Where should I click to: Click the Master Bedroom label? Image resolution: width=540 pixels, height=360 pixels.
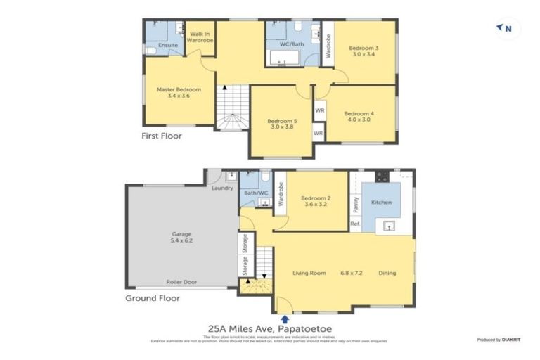click(x=179, y=90)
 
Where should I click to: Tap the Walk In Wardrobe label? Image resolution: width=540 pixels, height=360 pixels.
click(x=200, y=36)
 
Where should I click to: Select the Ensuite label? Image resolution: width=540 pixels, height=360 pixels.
click(x=168, y=46)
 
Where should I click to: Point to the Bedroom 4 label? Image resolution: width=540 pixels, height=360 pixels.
click(x=359, y=113)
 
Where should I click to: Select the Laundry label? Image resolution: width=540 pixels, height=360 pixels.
click(x=222, y=188)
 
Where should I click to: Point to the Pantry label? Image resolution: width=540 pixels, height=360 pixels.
click(x=356, y=205)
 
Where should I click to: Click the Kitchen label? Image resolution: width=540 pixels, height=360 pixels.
click(x=382, y=202)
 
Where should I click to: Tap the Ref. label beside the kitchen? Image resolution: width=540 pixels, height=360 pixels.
click(x=355, y=224)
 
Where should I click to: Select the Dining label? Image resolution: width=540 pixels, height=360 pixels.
click(x=387, y=273)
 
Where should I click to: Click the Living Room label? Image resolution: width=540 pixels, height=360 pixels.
click(x=309, y=273)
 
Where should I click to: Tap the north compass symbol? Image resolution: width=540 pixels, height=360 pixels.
click(x=504, y=28)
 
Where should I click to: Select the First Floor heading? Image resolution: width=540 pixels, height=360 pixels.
click(x=161, y=136)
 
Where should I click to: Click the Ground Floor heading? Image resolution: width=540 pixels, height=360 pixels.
click(x=152, y=297)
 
